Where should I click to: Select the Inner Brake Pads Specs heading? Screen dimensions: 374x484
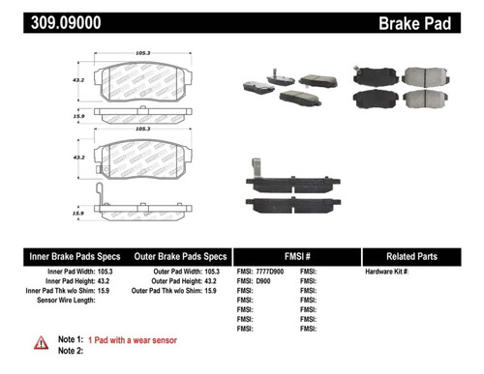pos(73,256)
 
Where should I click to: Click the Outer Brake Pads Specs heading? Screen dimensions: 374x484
pos(178,256)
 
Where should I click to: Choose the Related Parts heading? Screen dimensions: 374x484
pos(420,256)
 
